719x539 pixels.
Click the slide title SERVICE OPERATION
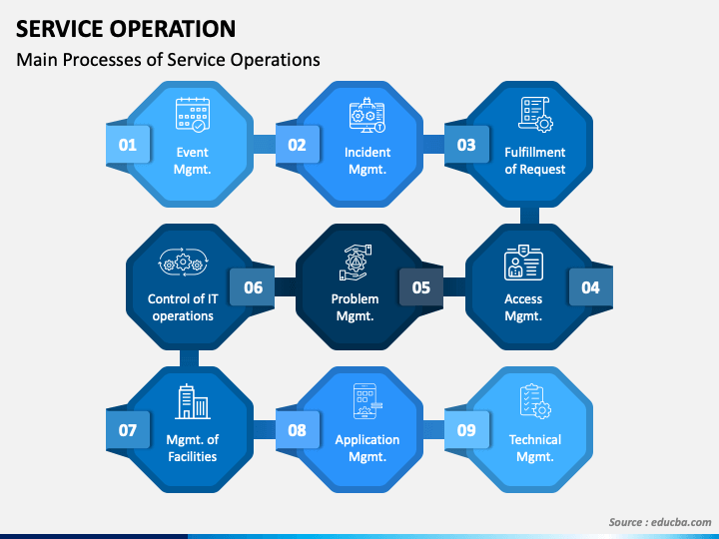click(126, 28)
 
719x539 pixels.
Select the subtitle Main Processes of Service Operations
click(168, 60)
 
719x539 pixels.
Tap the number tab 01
click(128, 145)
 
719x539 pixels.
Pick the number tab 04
click(590, 287)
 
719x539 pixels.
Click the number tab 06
click(253, 287)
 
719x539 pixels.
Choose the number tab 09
click(466, 431)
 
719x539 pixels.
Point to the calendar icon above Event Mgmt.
click(192, 115)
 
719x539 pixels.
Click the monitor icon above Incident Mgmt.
click(367, 116)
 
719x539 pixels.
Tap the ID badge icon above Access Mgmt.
click(523, 263)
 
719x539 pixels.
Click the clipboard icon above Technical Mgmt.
click(535, 402)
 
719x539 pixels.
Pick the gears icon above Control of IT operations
click(181, 263)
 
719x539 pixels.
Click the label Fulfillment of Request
click(535, 161)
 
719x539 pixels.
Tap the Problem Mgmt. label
click(355, 307)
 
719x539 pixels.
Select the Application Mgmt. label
click(367, 448)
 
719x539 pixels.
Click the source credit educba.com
click(659, 522)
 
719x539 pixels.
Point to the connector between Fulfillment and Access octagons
click(529, 216)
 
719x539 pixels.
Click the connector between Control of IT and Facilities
click(186, 358)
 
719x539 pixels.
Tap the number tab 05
click(421, 287)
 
